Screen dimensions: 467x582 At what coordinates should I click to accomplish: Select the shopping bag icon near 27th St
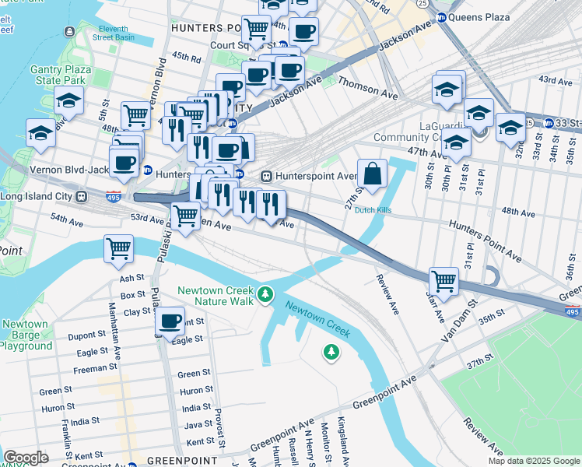(373, 175)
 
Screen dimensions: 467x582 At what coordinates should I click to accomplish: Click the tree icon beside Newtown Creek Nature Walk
(266, 293)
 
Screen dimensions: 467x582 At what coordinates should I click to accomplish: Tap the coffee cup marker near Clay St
(170, 320)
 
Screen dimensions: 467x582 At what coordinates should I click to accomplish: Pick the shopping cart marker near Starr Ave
(444, 281)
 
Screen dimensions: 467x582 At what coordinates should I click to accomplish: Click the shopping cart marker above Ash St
(118, 250)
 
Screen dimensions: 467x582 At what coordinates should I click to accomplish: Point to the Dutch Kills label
(373, 210)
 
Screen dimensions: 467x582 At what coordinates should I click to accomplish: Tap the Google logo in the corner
(26, 457)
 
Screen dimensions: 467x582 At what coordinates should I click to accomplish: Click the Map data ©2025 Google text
(533, 461)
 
